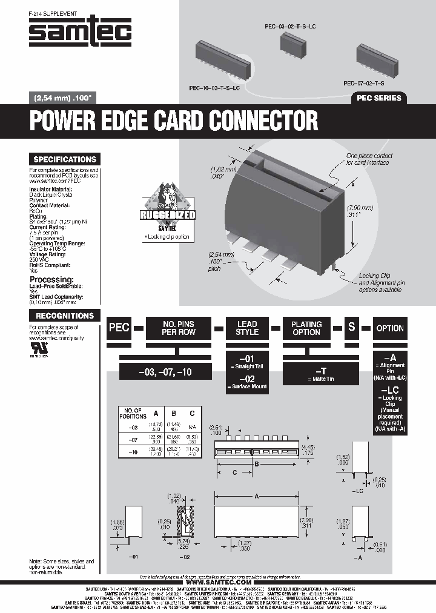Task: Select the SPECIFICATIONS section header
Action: click(x=65, y=159)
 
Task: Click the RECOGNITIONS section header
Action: click(x=65, y=316)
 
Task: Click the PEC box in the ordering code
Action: click(x=119, y=328)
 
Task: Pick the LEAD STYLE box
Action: click(x=246, y=328)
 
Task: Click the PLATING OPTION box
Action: click(x=306, y=328)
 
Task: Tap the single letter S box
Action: click(x=351, y=328)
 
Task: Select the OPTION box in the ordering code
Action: click(x=389, y=328)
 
